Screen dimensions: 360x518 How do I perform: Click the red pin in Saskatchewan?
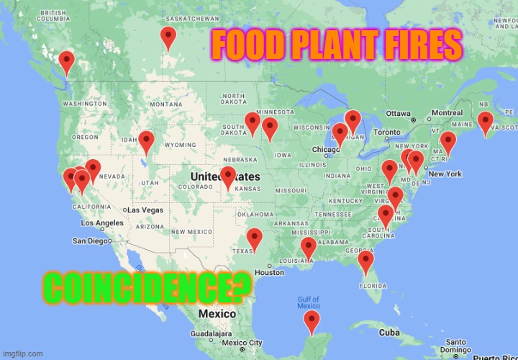[168, 37]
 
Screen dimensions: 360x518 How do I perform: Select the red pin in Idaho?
[147, 141]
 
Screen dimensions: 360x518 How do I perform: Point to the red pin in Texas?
[254, 240]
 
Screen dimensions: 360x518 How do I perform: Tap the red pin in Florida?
[365, 262]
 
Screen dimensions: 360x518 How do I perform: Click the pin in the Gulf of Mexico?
[312, 323]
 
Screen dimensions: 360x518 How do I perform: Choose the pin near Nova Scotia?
[486, 122]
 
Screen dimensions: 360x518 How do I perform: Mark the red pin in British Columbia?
[66, 62]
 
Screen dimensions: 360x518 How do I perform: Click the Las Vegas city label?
[145, 210]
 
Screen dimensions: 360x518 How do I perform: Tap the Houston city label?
[270, 273]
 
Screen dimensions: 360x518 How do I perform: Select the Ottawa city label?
[398, 114]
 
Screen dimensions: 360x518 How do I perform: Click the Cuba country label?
[389, 332]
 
